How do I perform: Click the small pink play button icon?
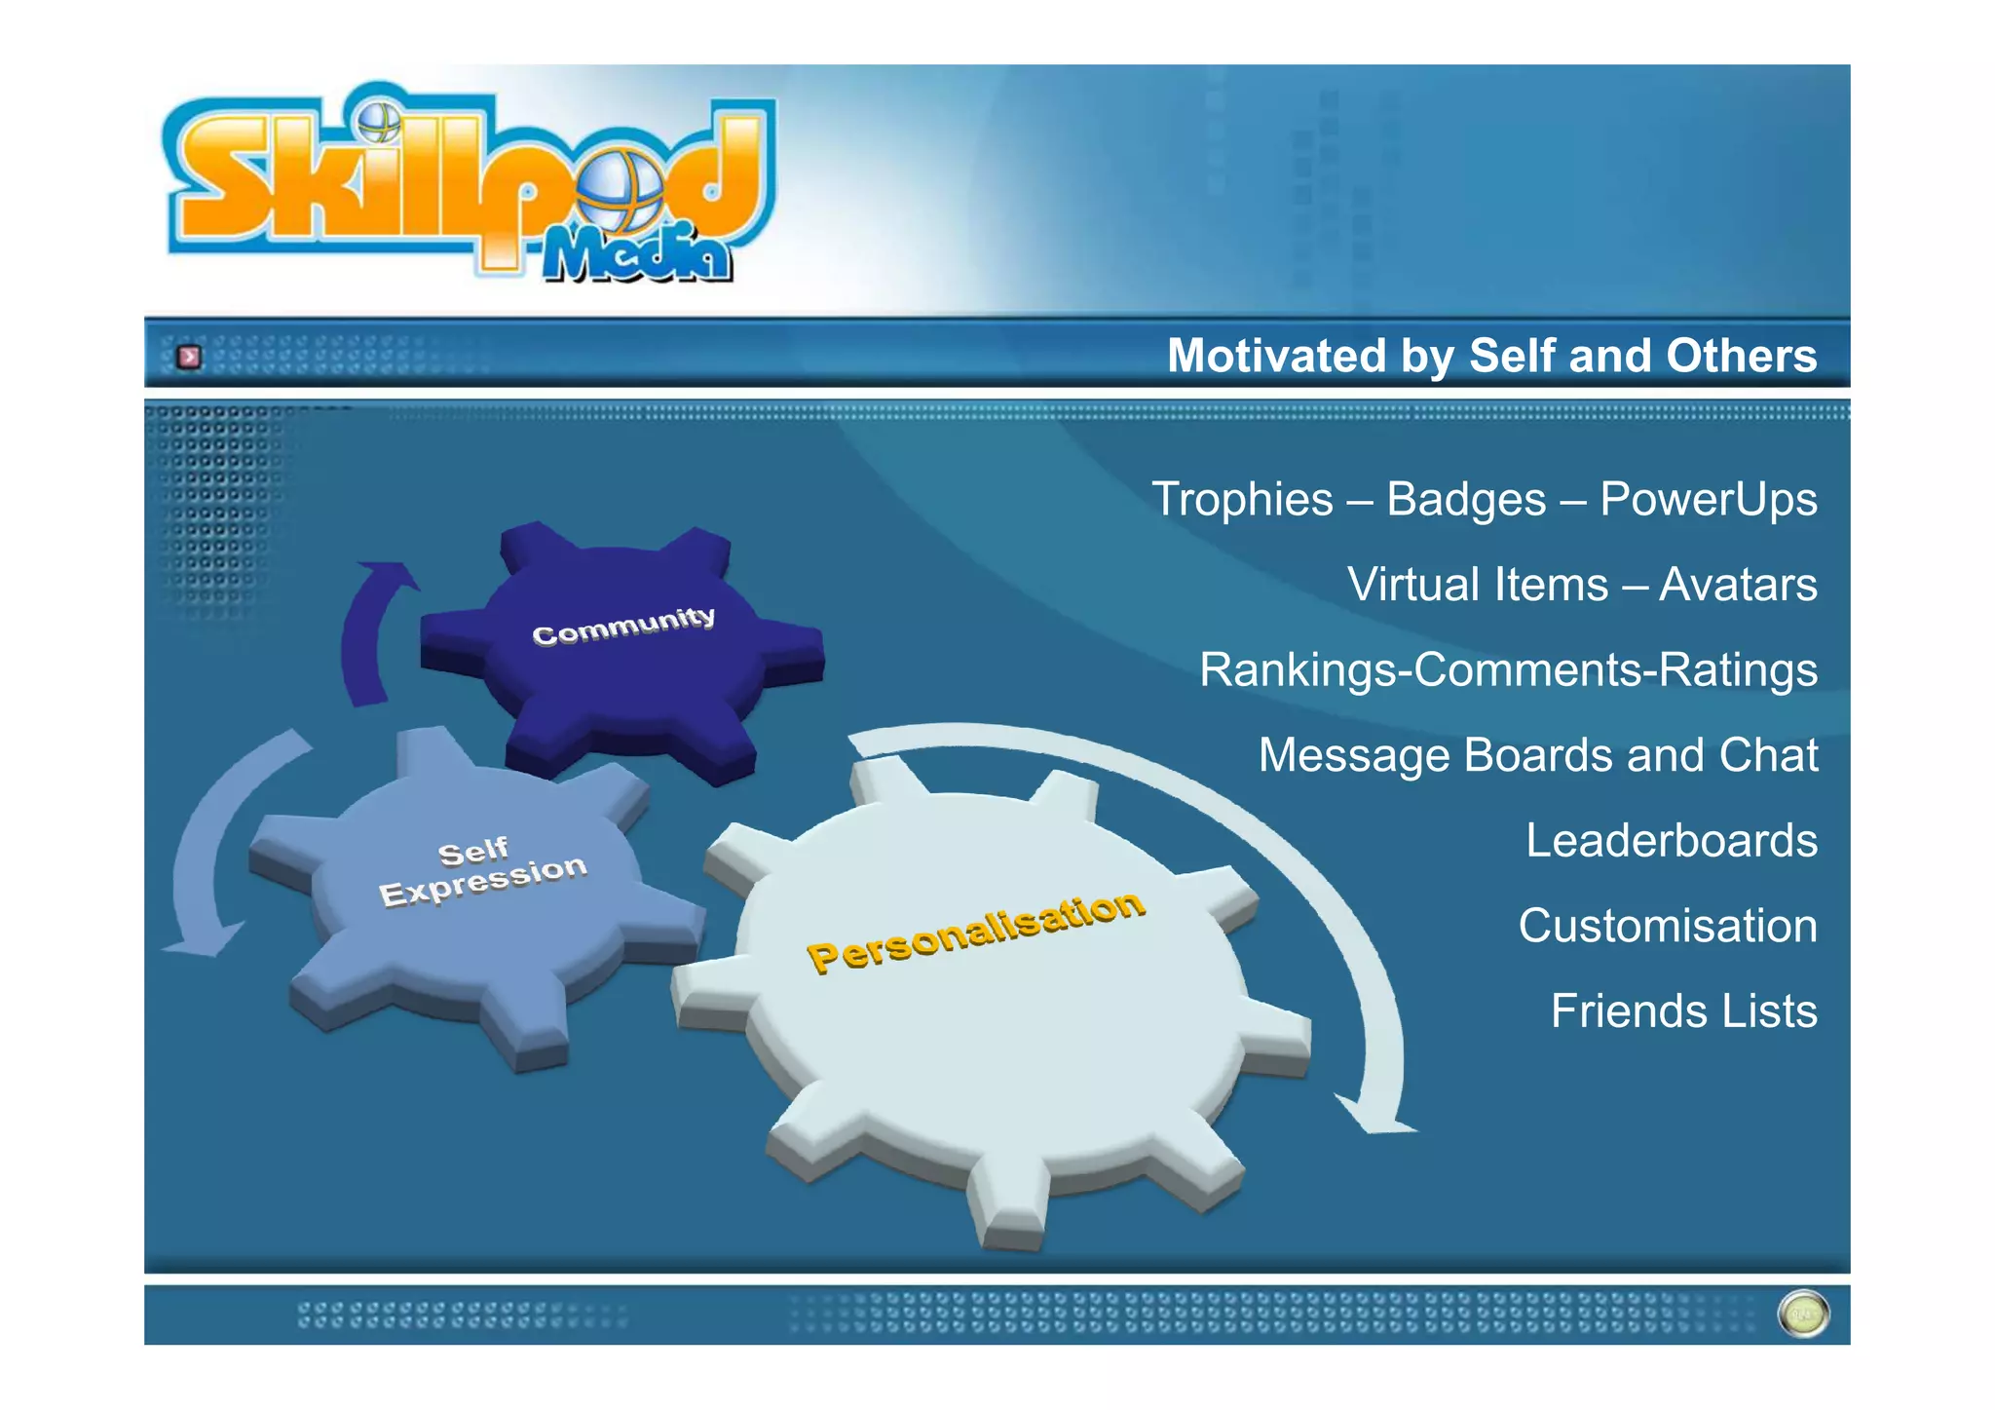point(189,357)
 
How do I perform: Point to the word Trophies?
point(1242,500)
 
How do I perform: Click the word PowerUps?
point(1708,500)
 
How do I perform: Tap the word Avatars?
point(1738,585)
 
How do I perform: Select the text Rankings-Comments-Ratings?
point(1508,670)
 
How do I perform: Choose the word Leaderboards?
point(1671,841)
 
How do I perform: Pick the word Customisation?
point(1668,926)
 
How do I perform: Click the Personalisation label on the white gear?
point(976,931)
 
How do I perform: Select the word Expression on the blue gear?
point(483,881)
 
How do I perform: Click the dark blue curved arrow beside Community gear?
point(364,633)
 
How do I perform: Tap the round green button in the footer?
point(1803,1315)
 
